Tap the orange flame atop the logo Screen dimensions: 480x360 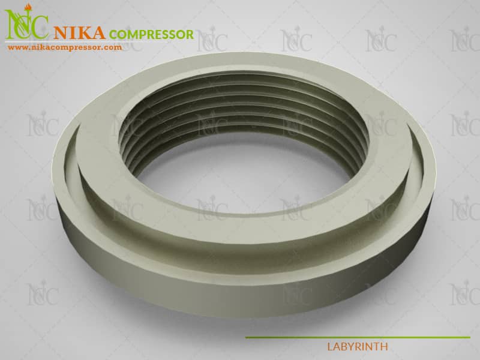28,7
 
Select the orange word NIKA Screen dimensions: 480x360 79,33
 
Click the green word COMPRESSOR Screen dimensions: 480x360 151,34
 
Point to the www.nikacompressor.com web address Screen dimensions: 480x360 65,47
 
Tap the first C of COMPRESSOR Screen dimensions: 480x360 113,35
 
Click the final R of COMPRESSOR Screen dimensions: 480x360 190,34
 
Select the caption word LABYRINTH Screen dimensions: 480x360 358,347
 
